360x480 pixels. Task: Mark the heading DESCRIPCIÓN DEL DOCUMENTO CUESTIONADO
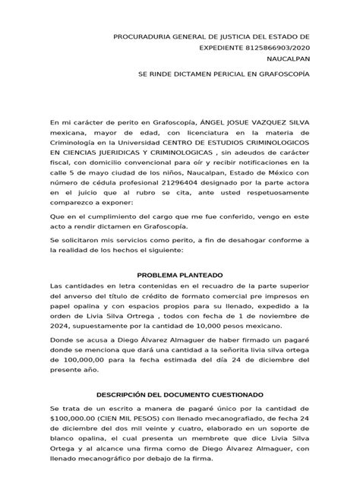[180, 395]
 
